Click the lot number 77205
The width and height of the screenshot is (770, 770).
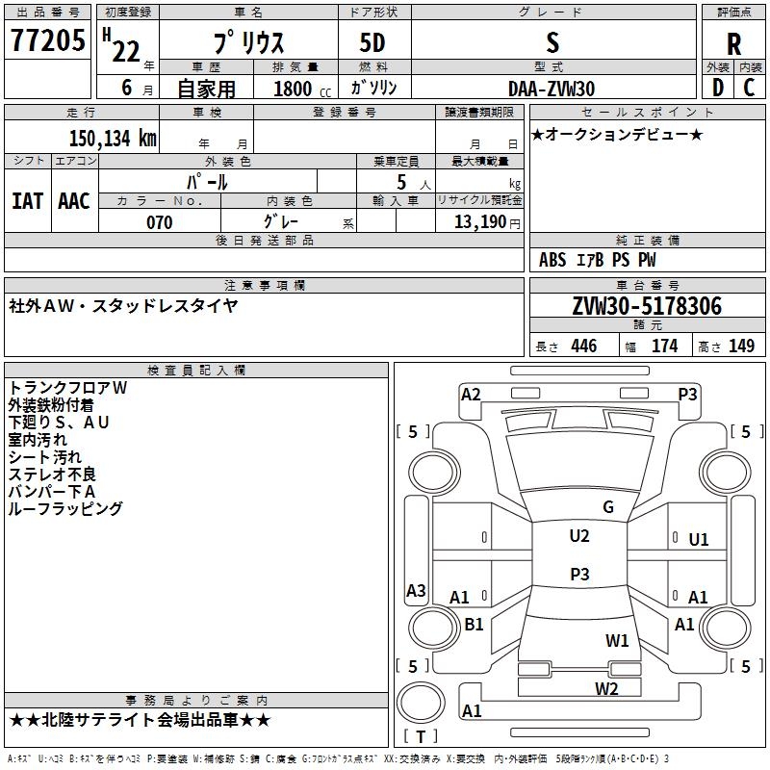coord(47,39)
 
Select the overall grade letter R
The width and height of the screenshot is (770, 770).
coord(733,44)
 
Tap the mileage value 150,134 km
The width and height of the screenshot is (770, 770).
coord(113,138)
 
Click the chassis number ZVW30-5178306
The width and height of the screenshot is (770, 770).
coord(647,305)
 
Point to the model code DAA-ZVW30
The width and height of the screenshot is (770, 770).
coord(552,89)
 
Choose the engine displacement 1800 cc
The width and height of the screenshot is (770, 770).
coord(302,89)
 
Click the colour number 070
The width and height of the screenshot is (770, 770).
coord(160,222)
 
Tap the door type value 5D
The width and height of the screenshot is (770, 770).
coord(372,42)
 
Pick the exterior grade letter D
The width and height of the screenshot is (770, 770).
coord(717,88)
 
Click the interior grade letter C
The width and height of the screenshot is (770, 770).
coord(749,88)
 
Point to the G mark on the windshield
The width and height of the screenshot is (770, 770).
coord(608,507)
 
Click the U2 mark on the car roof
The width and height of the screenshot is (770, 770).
coord(579,536)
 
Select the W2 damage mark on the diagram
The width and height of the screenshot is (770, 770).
coord(606,688)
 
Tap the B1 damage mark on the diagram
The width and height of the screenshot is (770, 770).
coord(474,624)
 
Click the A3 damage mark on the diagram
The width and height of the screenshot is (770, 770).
coord(416,590)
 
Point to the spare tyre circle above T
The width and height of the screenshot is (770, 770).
coord(421,703)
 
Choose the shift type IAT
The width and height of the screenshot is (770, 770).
coord(27,201)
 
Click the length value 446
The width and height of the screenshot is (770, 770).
coord(584,346)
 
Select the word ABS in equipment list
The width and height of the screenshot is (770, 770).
coord(552,260)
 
